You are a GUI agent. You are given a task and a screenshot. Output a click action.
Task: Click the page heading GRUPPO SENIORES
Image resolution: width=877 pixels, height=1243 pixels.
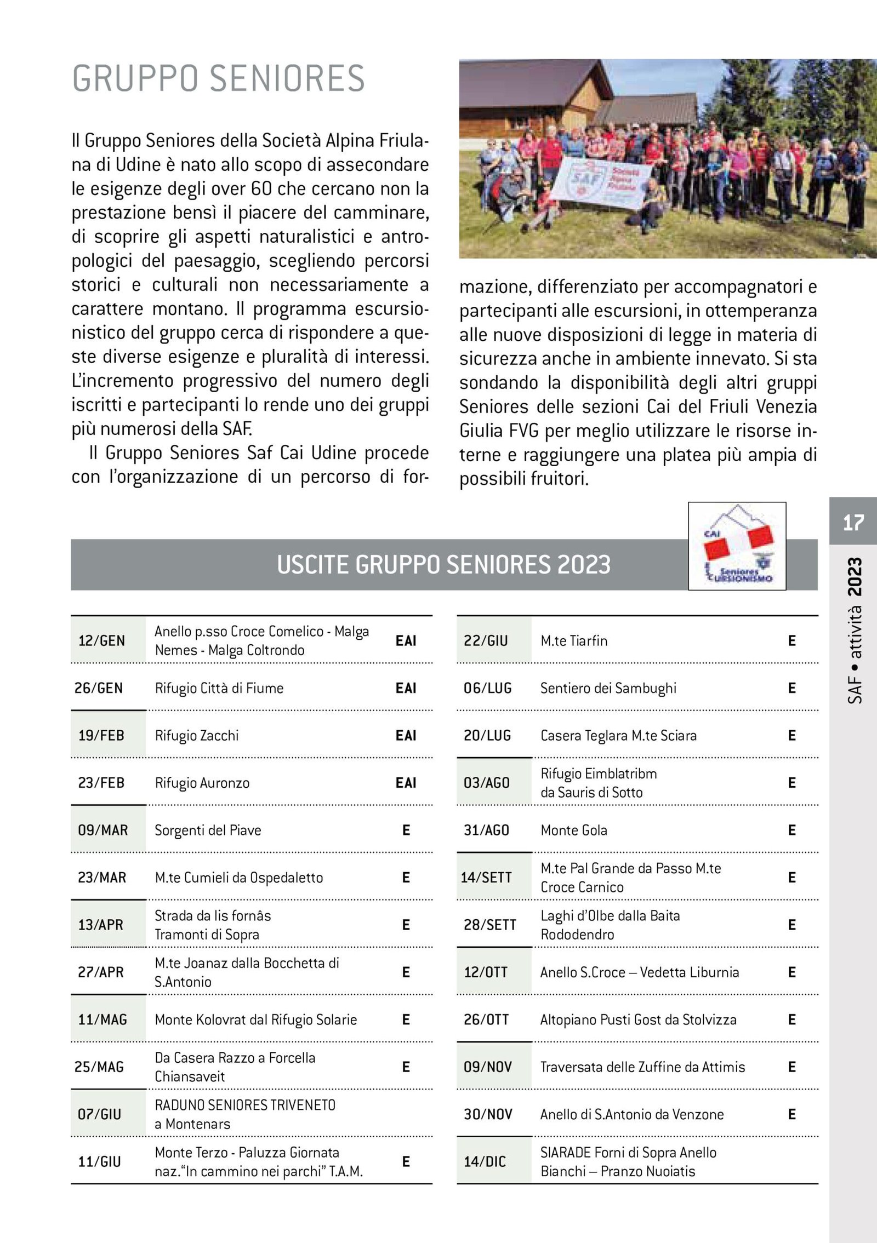[x=218, y=78]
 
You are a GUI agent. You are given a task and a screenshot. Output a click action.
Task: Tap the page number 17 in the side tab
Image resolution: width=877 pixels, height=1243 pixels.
[x=853, y=522]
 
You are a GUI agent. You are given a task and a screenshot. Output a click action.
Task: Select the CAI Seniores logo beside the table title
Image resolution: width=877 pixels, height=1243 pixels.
[x=737, y=546]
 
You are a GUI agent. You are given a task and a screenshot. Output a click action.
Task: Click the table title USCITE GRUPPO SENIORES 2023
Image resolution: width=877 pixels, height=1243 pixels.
[x=443, y=565]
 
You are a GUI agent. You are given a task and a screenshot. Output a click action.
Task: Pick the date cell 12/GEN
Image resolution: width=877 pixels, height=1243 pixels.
[x=102, y=640]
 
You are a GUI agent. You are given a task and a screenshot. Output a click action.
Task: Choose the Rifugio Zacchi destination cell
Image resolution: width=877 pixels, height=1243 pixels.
[x=197, y=735]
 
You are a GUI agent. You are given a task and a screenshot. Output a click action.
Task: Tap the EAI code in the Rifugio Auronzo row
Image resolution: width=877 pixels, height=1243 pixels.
[x=406, y=783]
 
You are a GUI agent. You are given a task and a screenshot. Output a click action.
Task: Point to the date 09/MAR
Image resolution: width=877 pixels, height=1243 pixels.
[x=103, y=830]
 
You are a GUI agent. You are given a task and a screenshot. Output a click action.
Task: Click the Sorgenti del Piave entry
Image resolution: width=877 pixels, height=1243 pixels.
[x=208, y=830]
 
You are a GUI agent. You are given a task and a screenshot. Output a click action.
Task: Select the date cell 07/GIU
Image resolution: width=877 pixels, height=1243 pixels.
[x=99, y=1114]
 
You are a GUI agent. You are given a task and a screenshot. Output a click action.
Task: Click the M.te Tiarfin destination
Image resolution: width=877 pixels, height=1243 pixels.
[x=574, y=640]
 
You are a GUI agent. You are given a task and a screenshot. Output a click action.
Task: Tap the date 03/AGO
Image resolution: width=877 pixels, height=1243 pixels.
[x=487, y=783]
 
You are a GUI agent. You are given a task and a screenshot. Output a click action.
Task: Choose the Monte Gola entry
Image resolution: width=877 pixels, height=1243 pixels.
[x=574, y=830]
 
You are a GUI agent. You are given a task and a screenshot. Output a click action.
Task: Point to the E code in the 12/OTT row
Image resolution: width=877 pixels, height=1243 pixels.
[x=791, y=972]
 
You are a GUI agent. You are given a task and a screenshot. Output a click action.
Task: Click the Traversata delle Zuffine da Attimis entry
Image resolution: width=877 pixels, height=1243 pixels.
[x=642, y=1067]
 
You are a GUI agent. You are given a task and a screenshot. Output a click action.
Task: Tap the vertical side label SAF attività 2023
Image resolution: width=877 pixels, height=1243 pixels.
[x=854, y=630]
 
